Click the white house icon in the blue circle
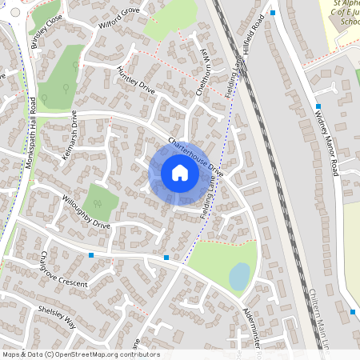tap(180, 173)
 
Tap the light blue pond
tap(239, 277)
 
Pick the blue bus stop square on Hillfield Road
tap(273, 13)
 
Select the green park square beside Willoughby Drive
tap(101, 201)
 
